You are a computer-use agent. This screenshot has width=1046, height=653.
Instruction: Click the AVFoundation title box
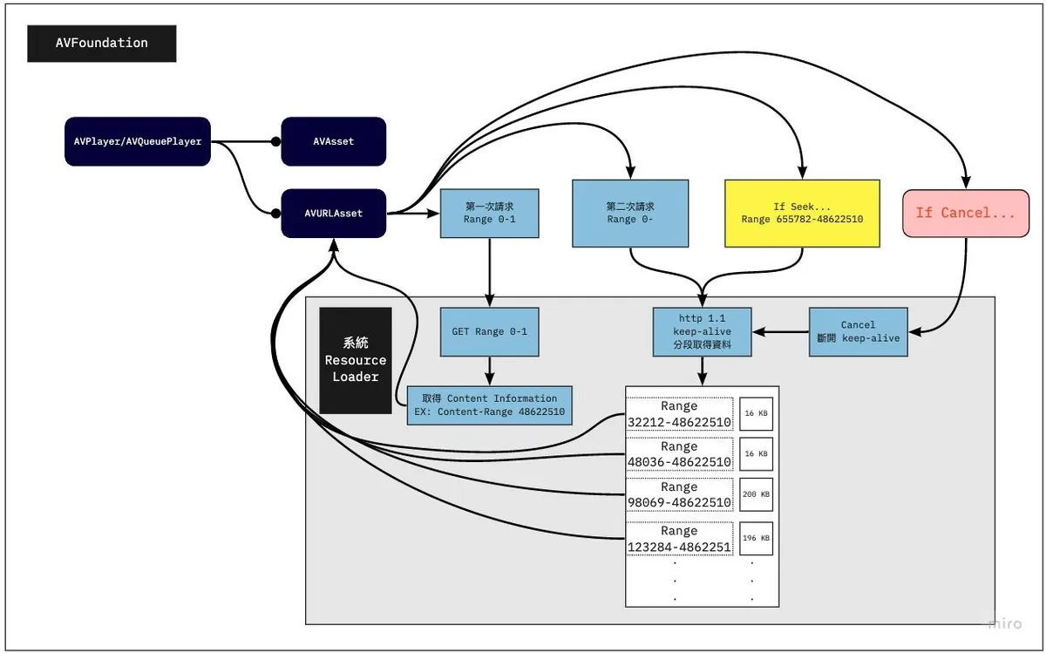pyautogui.click(x=102, y=44)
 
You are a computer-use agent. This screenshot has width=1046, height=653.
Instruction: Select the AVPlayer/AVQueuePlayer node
pyautogui.click(x=139, y=141)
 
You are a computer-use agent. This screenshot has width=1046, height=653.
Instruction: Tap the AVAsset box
pyautogui.click(x=333, y=141)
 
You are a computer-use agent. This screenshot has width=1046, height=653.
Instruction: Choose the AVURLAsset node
pyautogui.click(x=333, y=213)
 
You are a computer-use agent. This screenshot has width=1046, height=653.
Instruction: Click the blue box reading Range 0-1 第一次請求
pyautogui.click(x=489, y=213)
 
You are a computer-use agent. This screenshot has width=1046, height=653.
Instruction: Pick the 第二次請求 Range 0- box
pyautogui.click(x=629, y=213)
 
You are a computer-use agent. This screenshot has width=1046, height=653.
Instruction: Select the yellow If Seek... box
pyautogui.click(x=802, y=213)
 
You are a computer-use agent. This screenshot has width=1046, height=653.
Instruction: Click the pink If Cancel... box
pyautogui.click(x=965, y=213)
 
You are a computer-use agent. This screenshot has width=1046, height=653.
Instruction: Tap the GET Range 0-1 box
pyautogui.click(x=489, y=331)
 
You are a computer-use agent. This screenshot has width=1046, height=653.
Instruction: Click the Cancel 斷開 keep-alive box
pyautogui.click(x=858, y=331)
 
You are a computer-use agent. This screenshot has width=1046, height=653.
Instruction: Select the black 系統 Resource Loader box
pyautogui.click(x=356, y=360)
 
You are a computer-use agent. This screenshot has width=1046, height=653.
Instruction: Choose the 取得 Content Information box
pyautogui.click(x=489, y=405)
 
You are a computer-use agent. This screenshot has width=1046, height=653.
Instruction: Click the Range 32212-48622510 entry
pyautogui.click(x=679, y=415)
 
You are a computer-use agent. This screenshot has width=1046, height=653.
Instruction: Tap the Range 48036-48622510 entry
pyautogui.click(x=679, y=454)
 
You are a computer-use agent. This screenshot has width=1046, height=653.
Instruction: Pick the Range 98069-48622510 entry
pyautogui.click(x=679, y=495)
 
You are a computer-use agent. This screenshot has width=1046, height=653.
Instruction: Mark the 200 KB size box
pyautogui.click(x=756, y=494)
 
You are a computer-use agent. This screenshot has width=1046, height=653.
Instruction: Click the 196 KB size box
pyautogui.click(x=756, y=538)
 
